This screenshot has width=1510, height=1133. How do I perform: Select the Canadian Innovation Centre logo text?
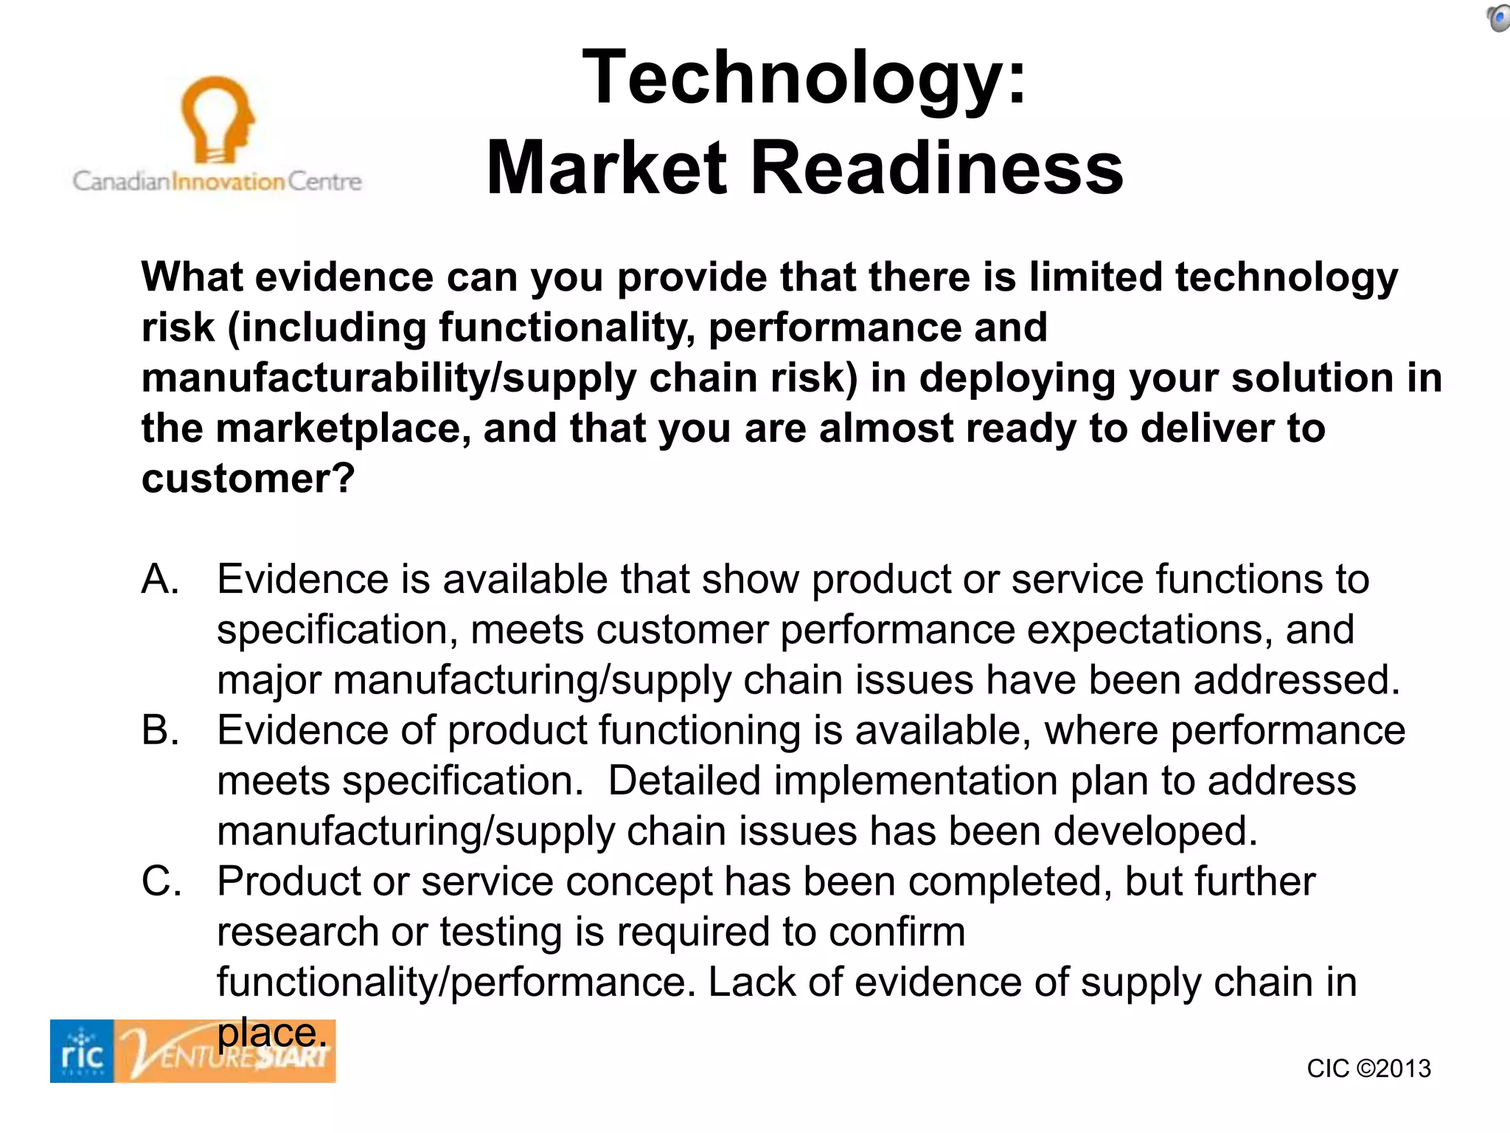pyautogui.click(x=218, y=181)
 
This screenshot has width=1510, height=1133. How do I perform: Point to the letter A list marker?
pyautogui.click(x=160, y=579)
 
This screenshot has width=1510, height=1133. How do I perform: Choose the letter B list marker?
pyautogui.click(x=160, y=730)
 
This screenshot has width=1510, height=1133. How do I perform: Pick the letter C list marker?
pyautogui.click(x=161, y=881)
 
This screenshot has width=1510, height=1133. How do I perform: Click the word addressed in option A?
pyautogui.click(x=1296, y=680)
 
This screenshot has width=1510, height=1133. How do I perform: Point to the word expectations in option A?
pyautogui.click(x=1149, y=630)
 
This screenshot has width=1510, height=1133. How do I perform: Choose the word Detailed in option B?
pyautogui.click(x=684, y=781)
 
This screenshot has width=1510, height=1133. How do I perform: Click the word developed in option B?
pyautogui.click(x=1155, y=831)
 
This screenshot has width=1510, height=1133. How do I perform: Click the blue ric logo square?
pyautogui.click(x=82, y=1051)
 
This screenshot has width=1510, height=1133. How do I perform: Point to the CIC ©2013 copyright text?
pyautogui.click(x=1368, y=1068)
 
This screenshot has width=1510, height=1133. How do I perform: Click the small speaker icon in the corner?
pyautogui.click(x=1497, y=18)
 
